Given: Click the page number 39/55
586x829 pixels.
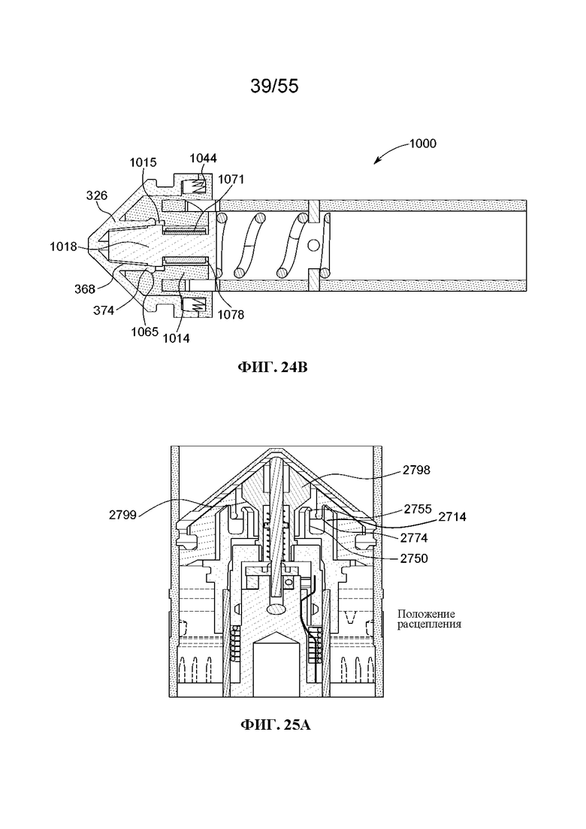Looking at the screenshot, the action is click(x=274, y=86).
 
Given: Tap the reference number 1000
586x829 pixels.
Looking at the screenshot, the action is click(x=423, y=144).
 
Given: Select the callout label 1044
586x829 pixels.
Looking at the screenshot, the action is click(x=203, y=158).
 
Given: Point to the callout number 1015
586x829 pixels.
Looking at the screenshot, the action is click(x=143, y=162).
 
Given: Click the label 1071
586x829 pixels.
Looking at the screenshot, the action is click(x=231, y=179).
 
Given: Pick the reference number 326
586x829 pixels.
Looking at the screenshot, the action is click(x=97, y=195).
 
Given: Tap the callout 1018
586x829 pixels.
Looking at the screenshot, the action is click(x=63, y=247).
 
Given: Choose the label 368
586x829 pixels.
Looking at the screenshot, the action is click(x=85, y=289).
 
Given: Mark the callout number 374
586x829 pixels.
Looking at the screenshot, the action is click(x=104, y=311).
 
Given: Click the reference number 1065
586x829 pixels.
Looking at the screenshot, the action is click(x=145, y=331).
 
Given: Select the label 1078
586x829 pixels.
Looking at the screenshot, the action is click(x=231, y=314).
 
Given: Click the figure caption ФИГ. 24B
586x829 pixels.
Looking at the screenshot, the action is click(x=273, y=367).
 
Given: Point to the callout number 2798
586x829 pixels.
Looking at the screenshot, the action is click(x=416, y=470).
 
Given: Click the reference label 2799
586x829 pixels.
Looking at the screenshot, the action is click(x=122, y=514).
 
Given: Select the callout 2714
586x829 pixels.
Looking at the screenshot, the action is click(x=452, y=516).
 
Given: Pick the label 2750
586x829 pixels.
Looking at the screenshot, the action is click(x=414, y=558).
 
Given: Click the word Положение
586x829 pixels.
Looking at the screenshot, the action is click(x=426, y=614).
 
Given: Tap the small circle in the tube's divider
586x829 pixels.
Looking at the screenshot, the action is click(x=314, y=245).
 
